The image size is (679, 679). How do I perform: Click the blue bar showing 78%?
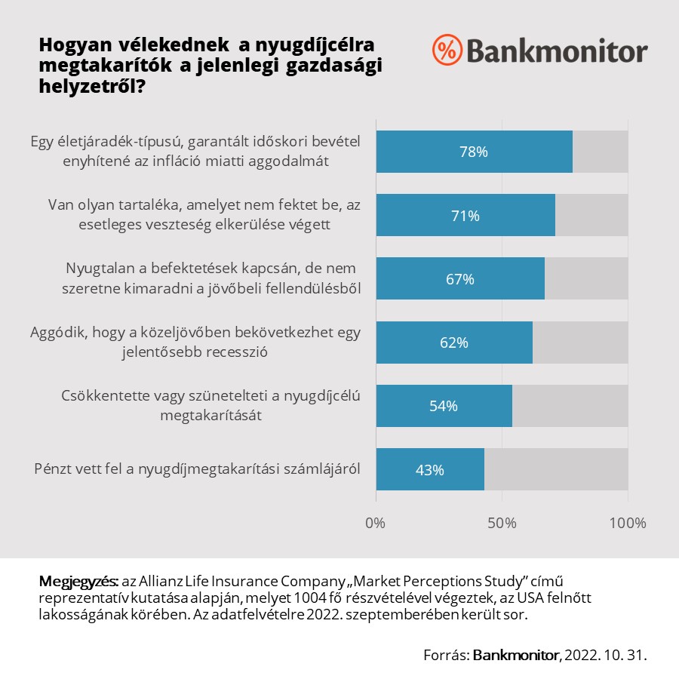[x=474, y=152]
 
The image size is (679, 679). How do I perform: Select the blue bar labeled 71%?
[x=465, y=215]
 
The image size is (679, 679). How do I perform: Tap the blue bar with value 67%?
[x=459, y=279]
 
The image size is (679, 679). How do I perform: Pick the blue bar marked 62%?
[x=453, y=343]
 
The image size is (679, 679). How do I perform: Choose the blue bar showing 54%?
[x=444, y=406]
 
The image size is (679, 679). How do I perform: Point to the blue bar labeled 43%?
[x=429, y=469]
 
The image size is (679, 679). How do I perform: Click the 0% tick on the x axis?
[x=375, y=523]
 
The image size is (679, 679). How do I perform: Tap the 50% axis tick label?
[x=502, y=523]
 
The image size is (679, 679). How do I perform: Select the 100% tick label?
[x=627, y=523]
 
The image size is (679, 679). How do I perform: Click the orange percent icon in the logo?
[x=447, y=50]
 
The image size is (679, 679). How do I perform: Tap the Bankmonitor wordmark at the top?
[x=557, y=51]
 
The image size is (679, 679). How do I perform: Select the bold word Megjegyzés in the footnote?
[x=78, y=582]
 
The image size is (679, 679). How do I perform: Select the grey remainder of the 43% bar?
[x=556, y=469]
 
